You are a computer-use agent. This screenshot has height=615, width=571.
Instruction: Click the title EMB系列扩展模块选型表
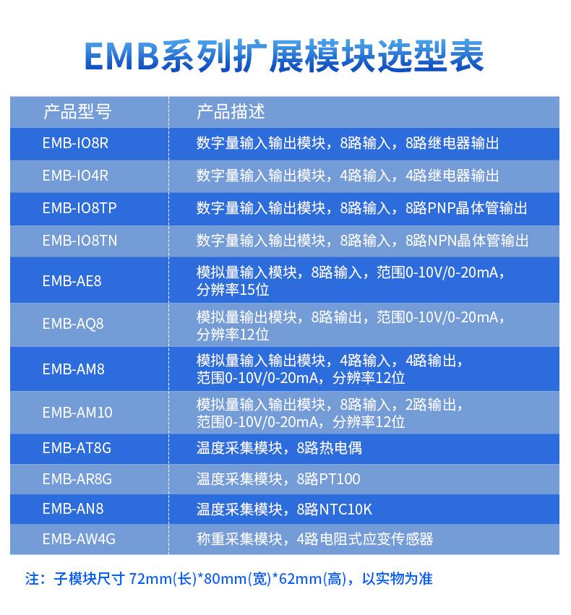pyautogui.click(x=284, y=56)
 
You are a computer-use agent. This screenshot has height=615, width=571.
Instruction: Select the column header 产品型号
pyautogui.click(x=77, y=112)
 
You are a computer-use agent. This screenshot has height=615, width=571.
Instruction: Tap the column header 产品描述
pyautogui.click(x=231, y=112)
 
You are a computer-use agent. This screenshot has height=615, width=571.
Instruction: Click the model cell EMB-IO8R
pyautogui.click(x=75, y=143)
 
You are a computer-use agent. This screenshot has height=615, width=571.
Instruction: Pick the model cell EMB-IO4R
pyautogui.click(x=75, y=176)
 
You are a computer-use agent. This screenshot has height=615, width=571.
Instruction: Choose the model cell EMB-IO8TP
pyautogui.click(x=80, y=208)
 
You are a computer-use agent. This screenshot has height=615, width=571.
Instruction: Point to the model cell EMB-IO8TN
pyautogui.click(x=80, y=241)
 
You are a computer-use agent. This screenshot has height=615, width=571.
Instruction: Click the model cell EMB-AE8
pyautogui.click(x=72, y=281)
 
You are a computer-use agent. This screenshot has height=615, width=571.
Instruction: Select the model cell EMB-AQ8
pyautogui.click(x=73, y=324)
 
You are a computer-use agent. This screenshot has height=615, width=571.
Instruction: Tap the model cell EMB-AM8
pyautogui.click(x=73, y=369)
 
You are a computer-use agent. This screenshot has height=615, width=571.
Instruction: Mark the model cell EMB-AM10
pyautogui.click(x=77, y=413)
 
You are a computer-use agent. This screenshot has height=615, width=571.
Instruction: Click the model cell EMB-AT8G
pyautogui.click(x=77, y=448)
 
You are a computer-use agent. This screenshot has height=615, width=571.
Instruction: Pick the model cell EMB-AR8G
pyautogui.click(x=77, y=479)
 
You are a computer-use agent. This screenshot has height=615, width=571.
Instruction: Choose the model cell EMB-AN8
pyautogui.click(x=73, y=509)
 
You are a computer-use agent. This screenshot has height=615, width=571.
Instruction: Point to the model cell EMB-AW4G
pyautogui.click(x=79, y=539)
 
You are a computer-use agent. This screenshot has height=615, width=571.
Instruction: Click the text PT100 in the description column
pyautogui.click(x=340, y=479)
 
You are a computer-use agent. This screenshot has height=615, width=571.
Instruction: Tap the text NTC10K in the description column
pyautogui.click(x=345, y=509)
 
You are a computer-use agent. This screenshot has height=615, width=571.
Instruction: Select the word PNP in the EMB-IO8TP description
pyautogui.click(x=441, y=208)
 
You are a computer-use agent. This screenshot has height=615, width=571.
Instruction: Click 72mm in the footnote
pyautogui.click(x=150, y=579)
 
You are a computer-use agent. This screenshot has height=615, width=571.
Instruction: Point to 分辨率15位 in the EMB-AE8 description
pyautogui.click(x=233, y=291)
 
